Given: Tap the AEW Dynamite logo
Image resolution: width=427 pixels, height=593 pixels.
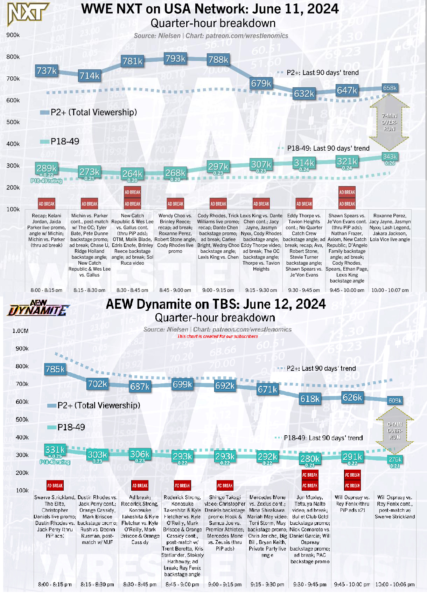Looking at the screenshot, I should [38, 308].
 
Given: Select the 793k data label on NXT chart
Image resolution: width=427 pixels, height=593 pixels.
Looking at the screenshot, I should [175, 59].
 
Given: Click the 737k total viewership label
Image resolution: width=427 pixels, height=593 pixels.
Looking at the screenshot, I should [47, 71].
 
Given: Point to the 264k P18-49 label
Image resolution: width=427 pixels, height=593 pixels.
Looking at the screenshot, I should [132, 174].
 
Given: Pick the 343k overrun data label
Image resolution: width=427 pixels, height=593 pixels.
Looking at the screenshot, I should [390, 157].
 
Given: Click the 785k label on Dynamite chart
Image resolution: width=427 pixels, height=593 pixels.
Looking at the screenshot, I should [55, 369].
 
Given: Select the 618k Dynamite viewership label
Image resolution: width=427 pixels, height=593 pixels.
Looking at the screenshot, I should [310, 399].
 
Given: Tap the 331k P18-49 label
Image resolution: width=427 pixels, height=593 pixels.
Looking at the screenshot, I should [55, 450].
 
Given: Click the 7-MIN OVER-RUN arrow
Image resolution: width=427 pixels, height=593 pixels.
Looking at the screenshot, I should [389, 122].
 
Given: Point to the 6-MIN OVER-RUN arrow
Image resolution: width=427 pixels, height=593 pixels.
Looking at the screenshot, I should [394, 431].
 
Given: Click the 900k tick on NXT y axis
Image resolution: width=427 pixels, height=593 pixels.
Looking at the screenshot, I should [13, 35].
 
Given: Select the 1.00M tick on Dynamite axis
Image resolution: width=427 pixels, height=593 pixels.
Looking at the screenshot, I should [20, 331].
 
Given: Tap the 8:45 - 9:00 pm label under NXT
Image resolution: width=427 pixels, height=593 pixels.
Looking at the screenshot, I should [175, 290].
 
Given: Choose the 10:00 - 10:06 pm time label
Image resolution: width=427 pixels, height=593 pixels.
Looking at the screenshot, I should [395, 585].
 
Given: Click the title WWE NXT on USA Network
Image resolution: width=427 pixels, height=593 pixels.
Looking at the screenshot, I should [210, 9].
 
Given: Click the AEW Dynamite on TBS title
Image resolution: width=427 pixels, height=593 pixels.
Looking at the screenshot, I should [216, 304].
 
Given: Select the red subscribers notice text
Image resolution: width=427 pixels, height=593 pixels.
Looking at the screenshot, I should [217, 336].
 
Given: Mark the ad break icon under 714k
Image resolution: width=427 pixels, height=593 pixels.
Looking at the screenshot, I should [90, 204].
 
